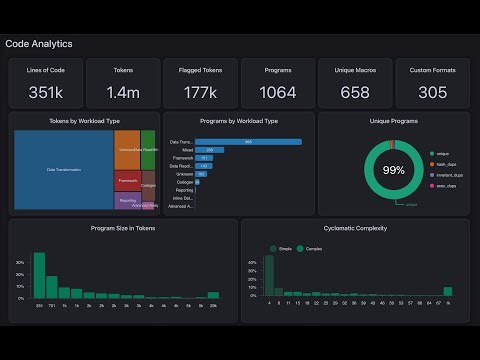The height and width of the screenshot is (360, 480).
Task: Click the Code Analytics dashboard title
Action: pos(39,44)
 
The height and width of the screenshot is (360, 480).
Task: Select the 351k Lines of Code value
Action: pos(45,93)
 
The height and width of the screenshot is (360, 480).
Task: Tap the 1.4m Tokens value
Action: pos(123,93)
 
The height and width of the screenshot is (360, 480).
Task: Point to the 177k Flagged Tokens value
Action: pos(200,93)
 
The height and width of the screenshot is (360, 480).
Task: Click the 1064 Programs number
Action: pos(278,93)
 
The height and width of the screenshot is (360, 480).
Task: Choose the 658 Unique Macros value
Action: pos(355,93)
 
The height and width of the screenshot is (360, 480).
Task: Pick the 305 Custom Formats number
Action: pos(432,93)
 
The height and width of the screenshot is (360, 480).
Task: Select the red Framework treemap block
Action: pos(127,182)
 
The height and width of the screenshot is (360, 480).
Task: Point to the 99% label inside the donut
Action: pos(393,170)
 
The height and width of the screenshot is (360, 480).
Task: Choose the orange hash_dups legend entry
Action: pos(444,164)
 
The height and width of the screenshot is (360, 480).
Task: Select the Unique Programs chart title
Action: pos(392,120)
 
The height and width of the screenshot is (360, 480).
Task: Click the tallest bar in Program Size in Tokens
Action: pos(39,275)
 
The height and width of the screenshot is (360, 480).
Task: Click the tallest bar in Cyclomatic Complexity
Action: pos(269,277)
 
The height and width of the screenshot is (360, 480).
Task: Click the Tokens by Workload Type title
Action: pos(84,120)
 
